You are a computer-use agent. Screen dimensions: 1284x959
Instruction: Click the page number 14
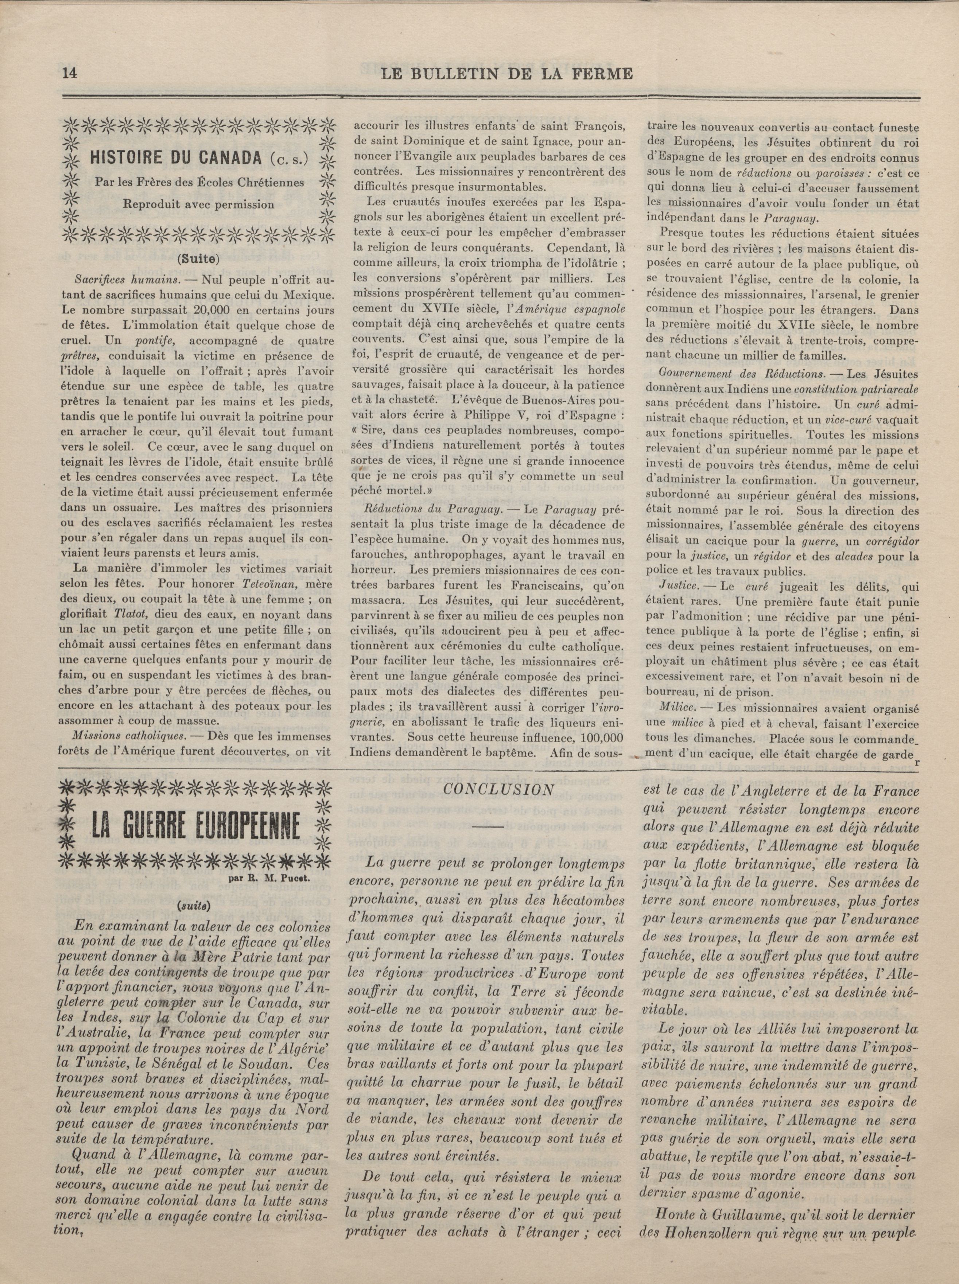click(x=70, y=74)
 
